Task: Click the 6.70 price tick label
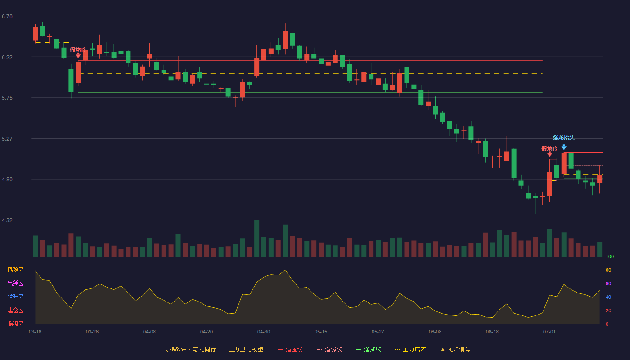point(7,17)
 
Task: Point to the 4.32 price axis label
point(7,220)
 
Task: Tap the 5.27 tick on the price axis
point(7,139)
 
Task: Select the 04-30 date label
point(264,332)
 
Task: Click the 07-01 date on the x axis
point(549,332)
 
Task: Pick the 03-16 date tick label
point(35,332)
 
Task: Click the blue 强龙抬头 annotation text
point(563,138)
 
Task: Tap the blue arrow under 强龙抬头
point(564,147)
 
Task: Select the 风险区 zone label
point(15,270)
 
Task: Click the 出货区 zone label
point(15,283)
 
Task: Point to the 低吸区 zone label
point(15,324)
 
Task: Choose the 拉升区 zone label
point(15,297)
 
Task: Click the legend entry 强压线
point(290,349)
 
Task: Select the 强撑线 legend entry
point(369,349)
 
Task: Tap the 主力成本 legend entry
point(410,349)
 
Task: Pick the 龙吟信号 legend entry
point(455,349)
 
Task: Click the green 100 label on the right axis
point(610,256)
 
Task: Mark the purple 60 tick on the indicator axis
point(608,283)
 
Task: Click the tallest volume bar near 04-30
point(257,238)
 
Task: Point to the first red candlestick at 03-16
point(35,34)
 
